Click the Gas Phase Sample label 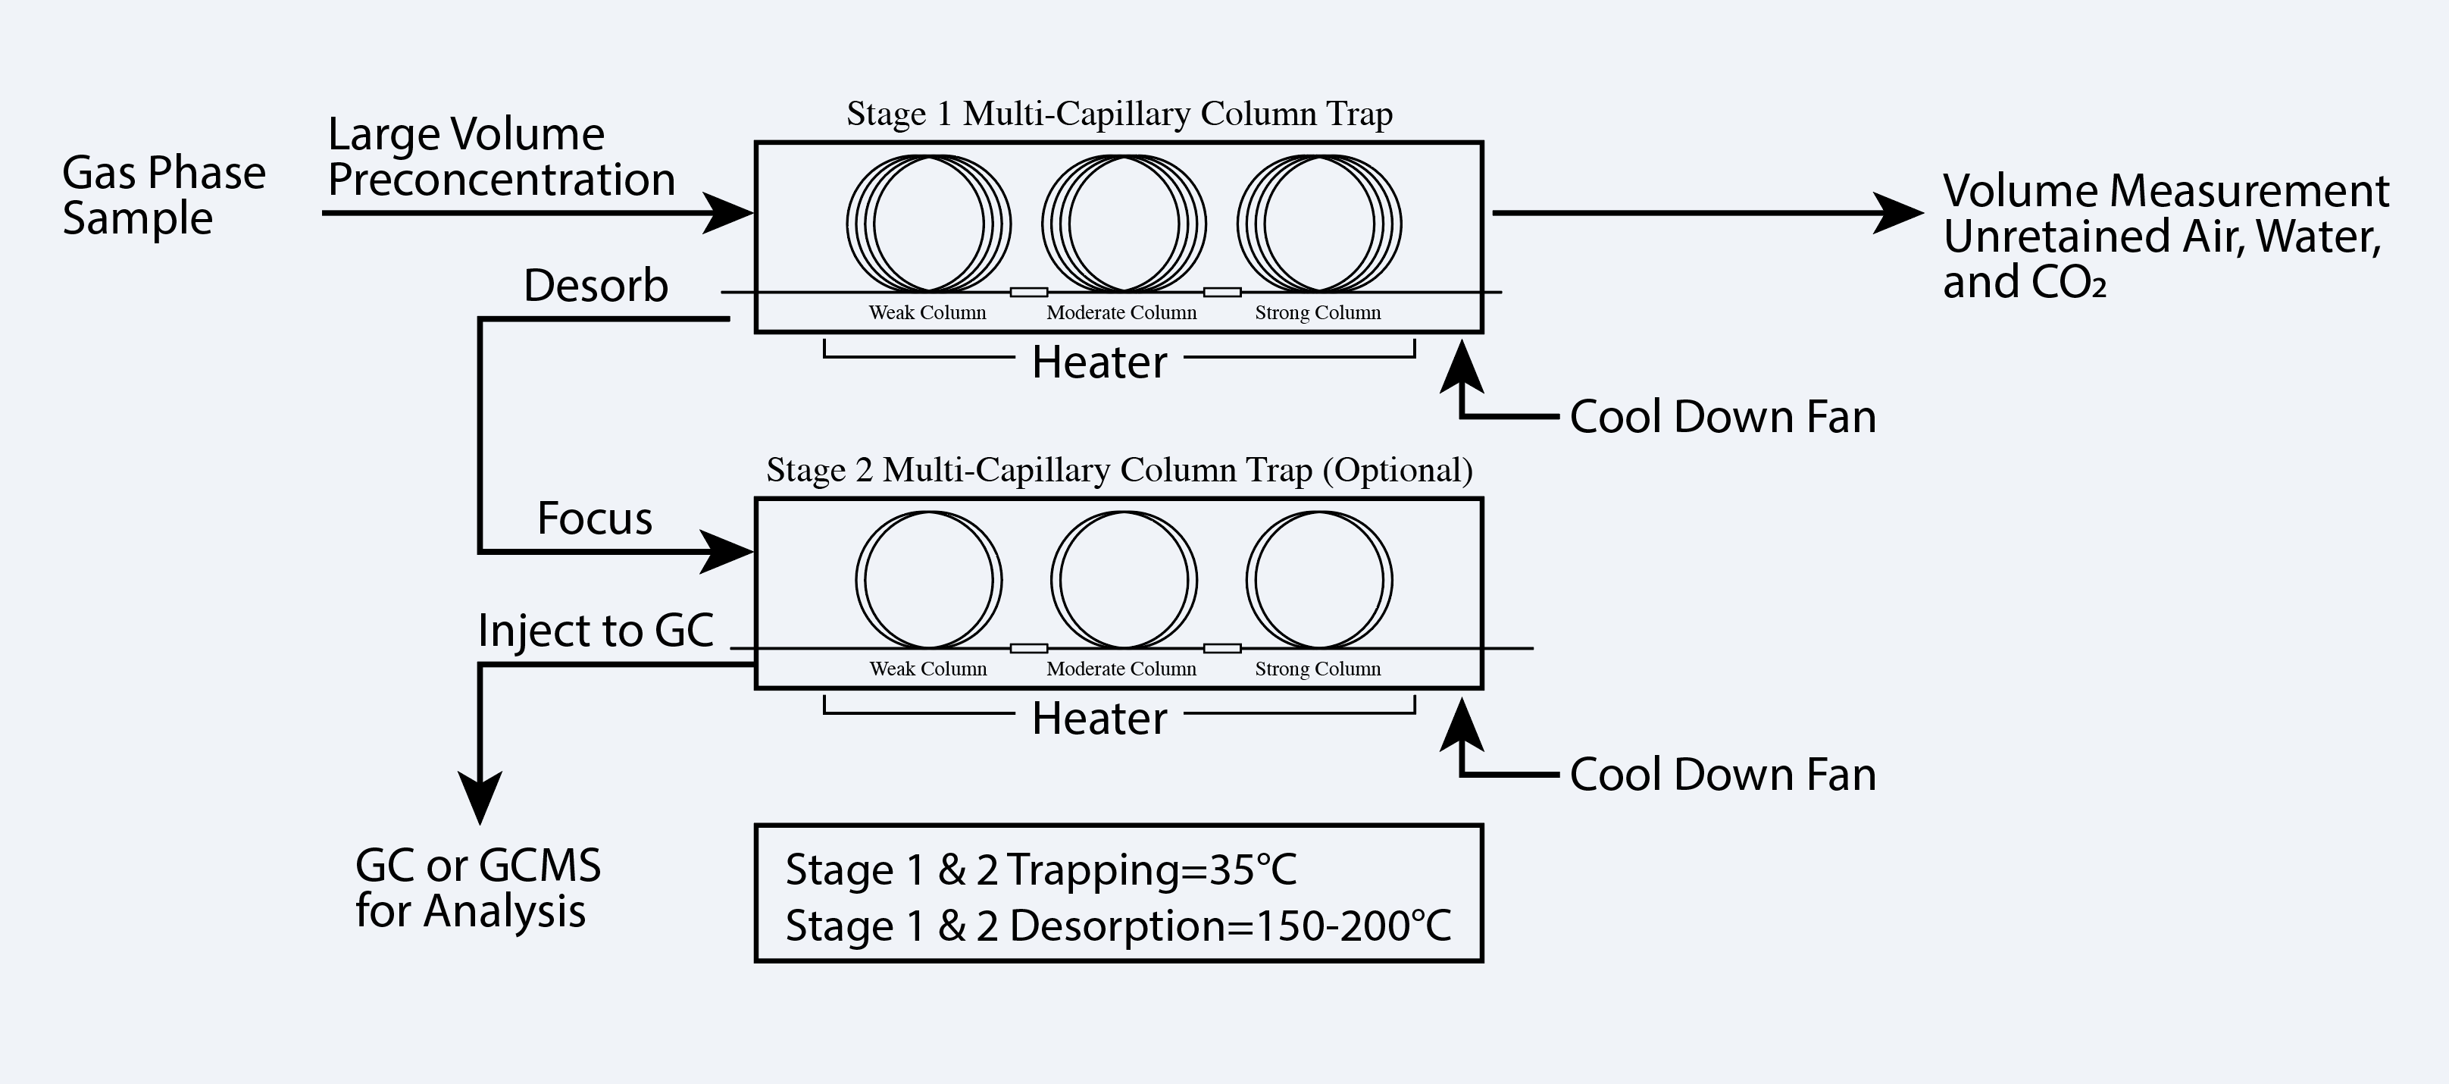[x=164, y=195]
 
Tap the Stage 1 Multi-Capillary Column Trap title [x=1119, y=114]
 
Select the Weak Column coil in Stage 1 [x=929, y=224]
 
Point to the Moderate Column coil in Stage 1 [x=1124, y=224]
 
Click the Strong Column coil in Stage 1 [x=1318, y=224]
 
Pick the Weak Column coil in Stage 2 [x=929, y=580]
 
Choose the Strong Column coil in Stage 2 [x=1318, y=580]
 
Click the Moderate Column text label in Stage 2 [x=1121, y=669]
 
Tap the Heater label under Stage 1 [x=1099, y=362]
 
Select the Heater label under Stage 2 [x=1099, y=719]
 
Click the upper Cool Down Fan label [x=1722, y=416]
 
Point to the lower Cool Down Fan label [x=1722, y=774]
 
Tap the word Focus [x=595, y=519]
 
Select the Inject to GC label [x=595, y=631]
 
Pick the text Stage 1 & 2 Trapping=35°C [x=1041, y=869]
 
